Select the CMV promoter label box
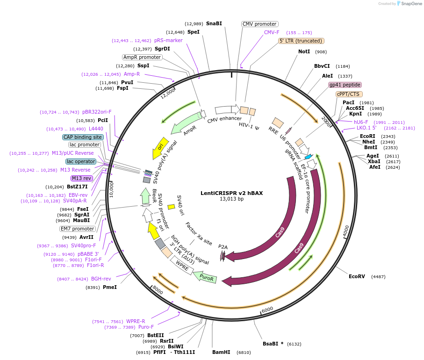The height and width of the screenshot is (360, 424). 259,24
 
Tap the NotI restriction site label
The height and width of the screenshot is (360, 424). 304,52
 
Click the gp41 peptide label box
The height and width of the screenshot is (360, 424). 345,85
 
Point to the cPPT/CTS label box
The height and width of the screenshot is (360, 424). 348,94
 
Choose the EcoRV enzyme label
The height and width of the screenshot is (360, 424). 357,276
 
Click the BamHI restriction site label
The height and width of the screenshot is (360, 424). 221,352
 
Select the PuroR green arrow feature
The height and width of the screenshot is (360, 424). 205,277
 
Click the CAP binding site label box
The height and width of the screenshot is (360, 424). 83,137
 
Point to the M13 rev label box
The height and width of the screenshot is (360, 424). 81,178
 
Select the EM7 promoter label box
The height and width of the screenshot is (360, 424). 77,229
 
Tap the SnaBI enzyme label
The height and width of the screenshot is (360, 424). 214,23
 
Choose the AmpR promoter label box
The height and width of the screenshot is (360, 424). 142,57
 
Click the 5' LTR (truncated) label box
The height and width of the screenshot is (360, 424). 301,41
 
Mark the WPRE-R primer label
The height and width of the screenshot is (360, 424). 136,321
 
